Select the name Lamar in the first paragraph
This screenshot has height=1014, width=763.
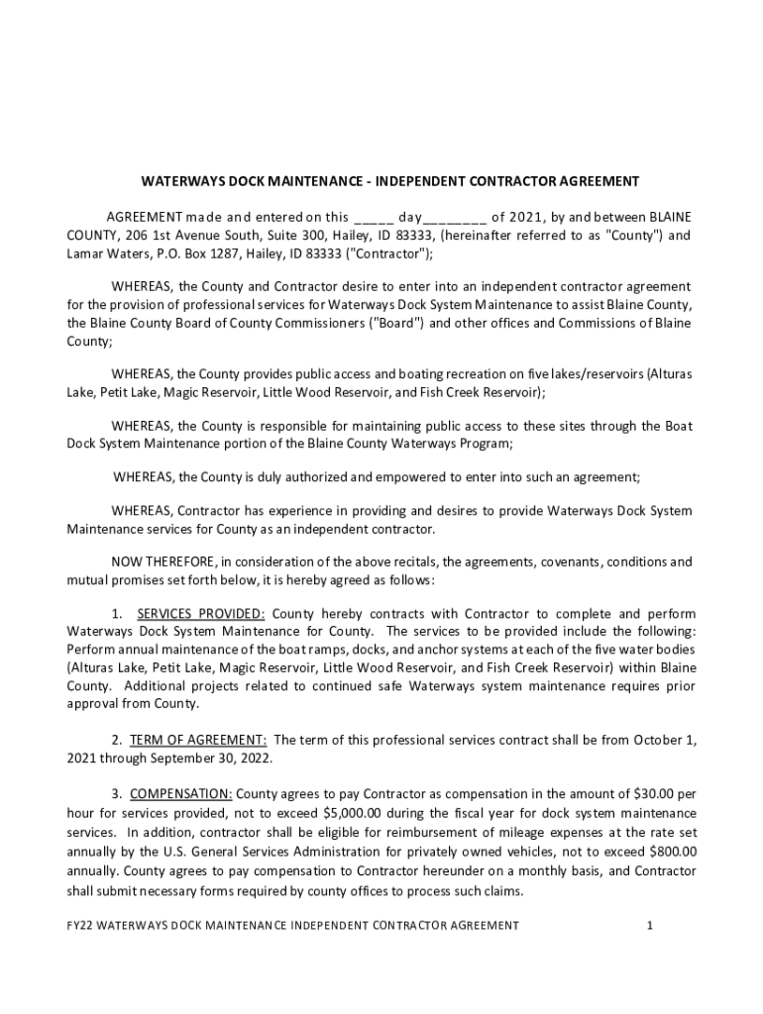86,254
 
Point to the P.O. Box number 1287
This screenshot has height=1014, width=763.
216,254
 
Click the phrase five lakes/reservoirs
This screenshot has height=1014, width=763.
593,374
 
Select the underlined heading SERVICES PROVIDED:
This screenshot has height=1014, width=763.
200,614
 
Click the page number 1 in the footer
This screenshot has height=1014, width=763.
649,926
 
